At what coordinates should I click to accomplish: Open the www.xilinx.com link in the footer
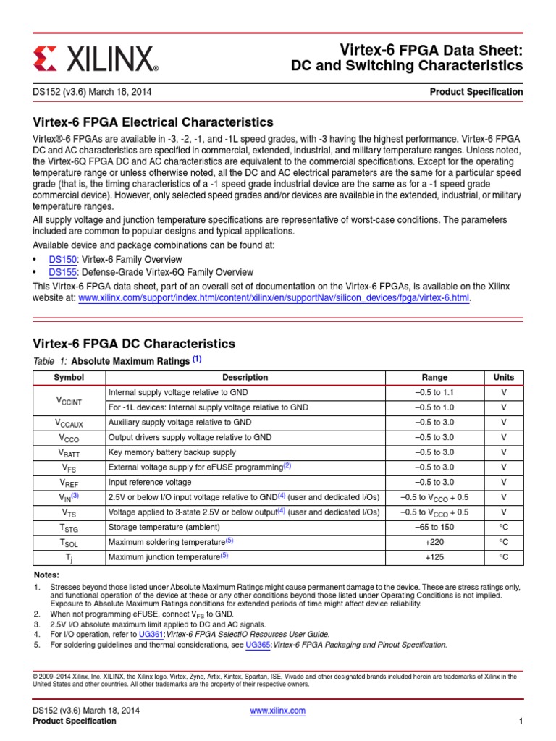click(x=277, y=711)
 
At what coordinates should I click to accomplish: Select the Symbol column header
click(x=69, y=377)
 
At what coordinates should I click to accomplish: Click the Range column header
click(x=434, y=377)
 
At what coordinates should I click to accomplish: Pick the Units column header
click(x=504, y=377)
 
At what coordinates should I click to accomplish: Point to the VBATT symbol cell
click(x=69, y=452)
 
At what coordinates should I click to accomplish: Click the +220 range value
click(x=434, y=542)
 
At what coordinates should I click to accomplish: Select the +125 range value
click(x=434, y=557)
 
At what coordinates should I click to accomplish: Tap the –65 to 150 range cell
click(x=434, y=527)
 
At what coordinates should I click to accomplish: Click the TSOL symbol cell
click(x=69, y=542)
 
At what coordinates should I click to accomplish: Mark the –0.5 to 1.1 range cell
click(x=434, y=392)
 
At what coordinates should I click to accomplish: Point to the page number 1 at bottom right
click(x=521, y=721)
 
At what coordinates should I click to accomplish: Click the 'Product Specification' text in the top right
click(x=476, y=92)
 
